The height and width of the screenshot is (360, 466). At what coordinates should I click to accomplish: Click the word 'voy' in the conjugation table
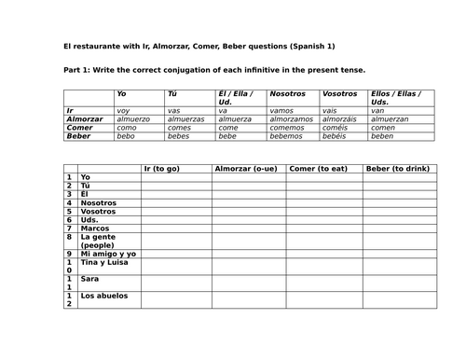pos(123,110)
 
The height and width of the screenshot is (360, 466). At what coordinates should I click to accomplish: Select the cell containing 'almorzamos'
pos(291,119)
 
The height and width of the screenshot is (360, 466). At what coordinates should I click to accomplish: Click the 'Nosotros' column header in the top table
pos(287,94)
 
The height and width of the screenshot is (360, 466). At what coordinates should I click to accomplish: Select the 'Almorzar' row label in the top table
pos(85,119)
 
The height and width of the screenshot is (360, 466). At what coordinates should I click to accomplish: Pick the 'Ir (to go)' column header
pos(161,168)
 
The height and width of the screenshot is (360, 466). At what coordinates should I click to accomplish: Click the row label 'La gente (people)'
pos(97,241)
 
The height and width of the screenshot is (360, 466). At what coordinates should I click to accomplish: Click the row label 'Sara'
pos(89,278)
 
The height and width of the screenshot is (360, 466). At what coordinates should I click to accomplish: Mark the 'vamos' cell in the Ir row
pos(281,110)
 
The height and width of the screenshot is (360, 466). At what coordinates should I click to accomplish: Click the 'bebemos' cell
pos(285,136)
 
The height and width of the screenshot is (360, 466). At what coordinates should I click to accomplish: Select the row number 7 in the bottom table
pos(69,228)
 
